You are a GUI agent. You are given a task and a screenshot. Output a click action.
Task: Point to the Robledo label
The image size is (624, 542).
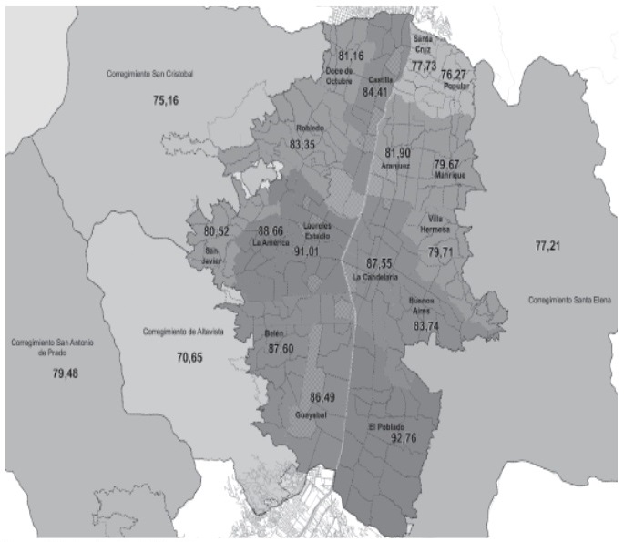click(310, 128)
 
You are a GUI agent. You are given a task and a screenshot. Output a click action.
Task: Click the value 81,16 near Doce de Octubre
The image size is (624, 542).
click(350, 56)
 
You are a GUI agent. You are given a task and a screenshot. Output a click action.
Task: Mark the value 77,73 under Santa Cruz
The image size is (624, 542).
click(424, 66)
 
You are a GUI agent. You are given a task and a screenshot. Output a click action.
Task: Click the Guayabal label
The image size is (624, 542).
click(311, 415)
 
